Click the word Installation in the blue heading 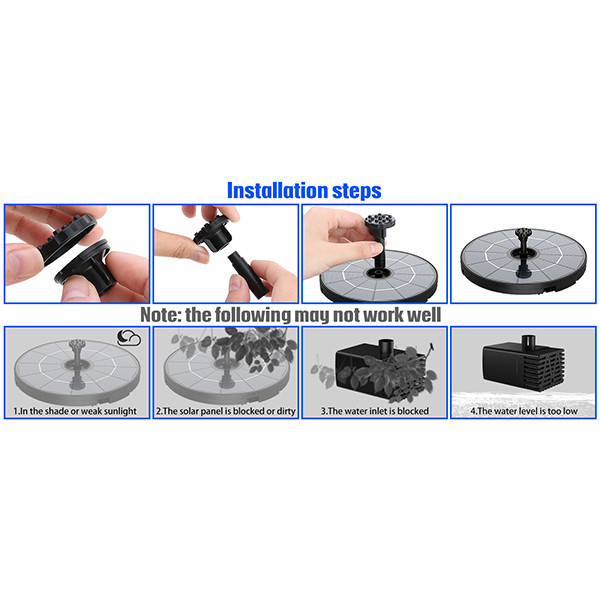tap(277, 190)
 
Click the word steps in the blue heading tap(357, 191)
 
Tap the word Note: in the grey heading tap(160, 315)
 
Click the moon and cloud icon tap(129, 338)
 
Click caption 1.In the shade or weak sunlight tap(75, 411)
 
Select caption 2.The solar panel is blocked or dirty tap(226, 411)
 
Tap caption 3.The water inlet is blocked tap(375, 411)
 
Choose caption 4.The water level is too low tap(524, 411)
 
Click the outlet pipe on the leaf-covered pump tap(386, 345)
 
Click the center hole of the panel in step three tap(377, 273)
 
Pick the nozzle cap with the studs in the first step tap(66, 238)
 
